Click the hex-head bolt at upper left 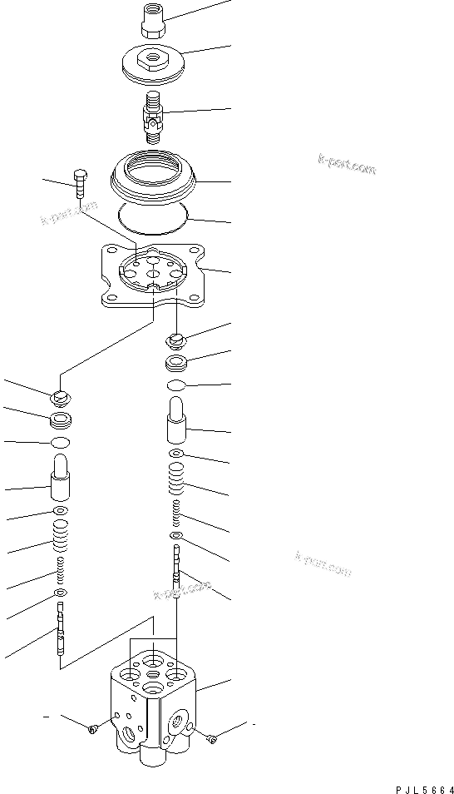(x=80, y=184)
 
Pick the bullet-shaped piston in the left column (x=60, y=478)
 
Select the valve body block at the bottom (x=154, y=703)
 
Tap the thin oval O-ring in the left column (x=60, y=442)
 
